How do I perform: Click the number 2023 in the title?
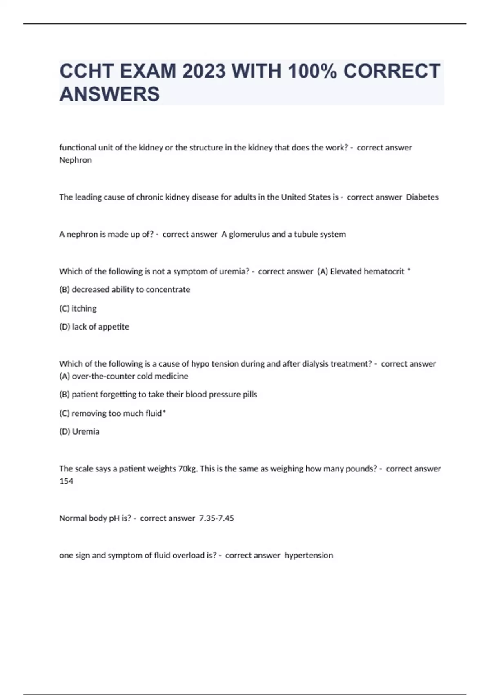point(203,71)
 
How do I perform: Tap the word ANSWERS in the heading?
point(109,94)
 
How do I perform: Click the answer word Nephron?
point(76,160)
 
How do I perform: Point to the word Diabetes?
point(422,197)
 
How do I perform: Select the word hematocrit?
point(384,271)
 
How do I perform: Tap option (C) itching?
point(78,308)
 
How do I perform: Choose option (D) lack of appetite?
point(94,327)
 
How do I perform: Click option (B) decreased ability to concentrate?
point(125,289)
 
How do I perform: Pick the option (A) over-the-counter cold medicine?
point(124,376)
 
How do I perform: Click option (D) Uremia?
point(79,432)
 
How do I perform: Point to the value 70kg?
point(188,469)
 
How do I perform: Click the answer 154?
point(66,481)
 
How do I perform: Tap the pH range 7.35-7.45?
point(216,518)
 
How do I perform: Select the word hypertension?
point(309,556)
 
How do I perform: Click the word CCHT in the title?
point(87,71)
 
